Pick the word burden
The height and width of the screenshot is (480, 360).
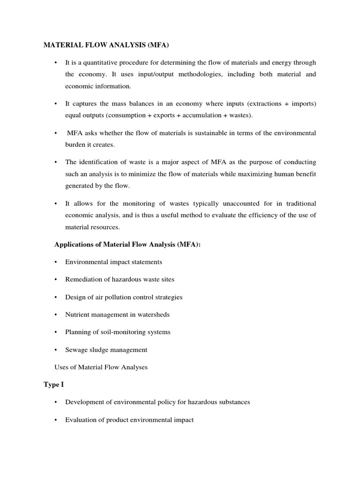click(x=75, y=145)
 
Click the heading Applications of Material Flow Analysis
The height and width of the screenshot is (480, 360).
click(x=127, y=244)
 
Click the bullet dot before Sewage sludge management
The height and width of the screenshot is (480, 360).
click(x=56, y=350)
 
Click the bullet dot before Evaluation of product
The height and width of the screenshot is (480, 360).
click(x=56, y=420)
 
